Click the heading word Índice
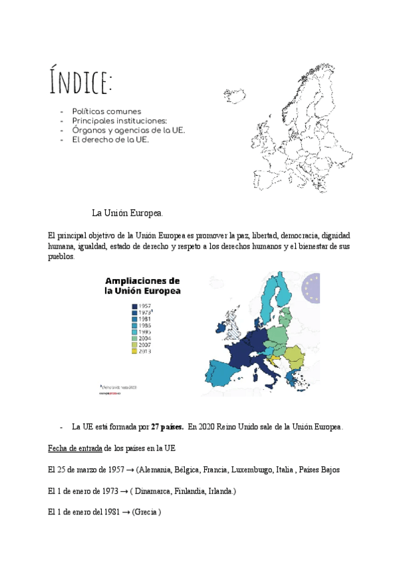[x=80, y=81]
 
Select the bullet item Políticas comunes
[x=106, y=111]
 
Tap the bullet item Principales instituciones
[x=119, y=121]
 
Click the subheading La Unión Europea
[x=127, y=213]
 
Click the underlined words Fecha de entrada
[x=74, y=448]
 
